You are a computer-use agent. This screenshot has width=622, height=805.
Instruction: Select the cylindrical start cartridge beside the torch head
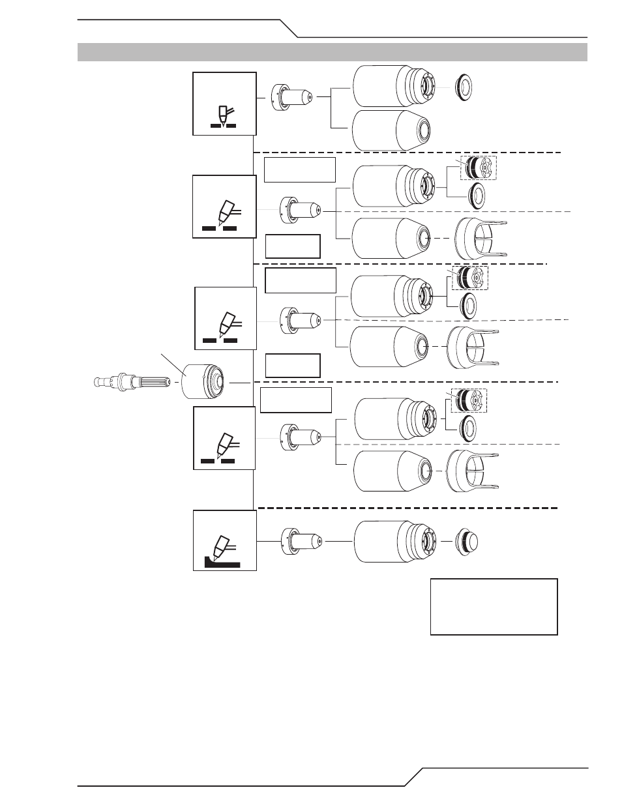203,381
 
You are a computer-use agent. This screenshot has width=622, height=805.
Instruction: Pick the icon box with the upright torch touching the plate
224,104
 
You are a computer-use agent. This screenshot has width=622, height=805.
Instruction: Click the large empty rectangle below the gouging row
494,606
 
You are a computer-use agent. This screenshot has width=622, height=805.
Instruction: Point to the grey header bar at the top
333,52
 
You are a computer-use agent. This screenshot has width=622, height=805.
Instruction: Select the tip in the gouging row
302,540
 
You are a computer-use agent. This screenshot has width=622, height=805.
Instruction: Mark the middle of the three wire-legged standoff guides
473,346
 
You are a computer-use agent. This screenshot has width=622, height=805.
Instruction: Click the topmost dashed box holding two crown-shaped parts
479,168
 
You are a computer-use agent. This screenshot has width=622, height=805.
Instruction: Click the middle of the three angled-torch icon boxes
226,318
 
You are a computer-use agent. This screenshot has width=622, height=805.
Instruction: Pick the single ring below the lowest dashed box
467,428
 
